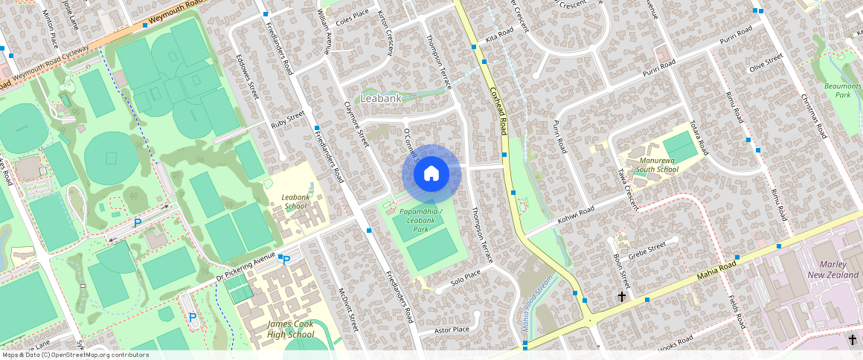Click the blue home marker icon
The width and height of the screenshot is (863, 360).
(431, 174)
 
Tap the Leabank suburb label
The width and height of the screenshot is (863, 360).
(381, 98)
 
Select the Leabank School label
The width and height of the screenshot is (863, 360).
(295, 202)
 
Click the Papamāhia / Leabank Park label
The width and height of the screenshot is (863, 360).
(420, 220)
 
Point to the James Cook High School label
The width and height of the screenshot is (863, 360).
(290, 330)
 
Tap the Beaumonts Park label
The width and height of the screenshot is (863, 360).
(842, 91)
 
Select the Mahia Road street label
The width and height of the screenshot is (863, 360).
(716, 270)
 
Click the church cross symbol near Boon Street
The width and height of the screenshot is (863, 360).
(622, 297)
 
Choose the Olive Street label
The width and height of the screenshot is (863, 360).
(767, 62)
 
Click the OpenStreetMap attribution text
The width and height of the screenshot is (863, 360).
(74, 355)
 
